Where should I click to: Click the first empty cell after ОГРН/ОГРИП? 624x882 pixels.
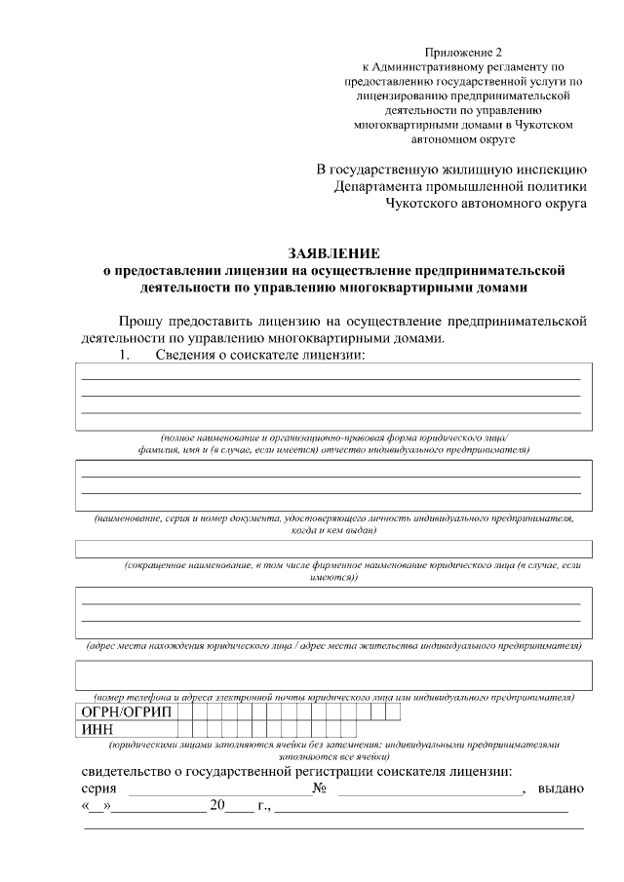[184, 711]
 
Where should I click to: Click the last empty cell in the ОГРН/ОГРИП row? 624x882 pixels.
[393, 711]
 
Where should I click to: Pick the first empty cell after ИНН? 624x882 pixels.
[184, 729]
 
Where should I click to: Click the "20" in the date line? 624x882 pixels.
[216, 807]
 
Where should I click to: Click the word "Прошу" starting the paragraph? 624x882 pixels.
[140, 321]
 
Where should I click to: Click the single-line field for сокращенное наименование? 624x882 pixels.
[331, 549]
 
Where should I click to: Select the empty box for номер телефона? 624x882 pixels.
[331, 674]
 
